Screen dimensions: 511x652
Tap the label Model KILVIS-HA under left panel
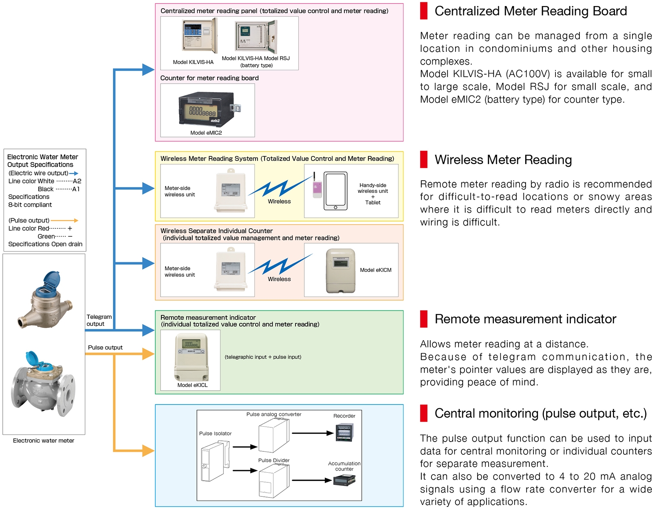pyautogui.click(x=193, y=62)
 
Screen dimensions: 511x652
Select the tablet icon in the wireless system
pyautogui.click(x=335, y=191)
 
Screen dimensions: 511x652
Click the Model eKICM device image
pyautogui.click(x=341, y=270)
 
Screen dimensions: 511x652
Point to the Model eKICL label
pyautogui.click(x=192, y=385)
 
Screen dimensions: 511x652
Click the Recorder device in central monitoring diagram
pyautogui.click(x=344, y=433)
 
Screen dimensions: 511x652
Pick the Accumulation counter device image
pyautogui.click(x=344, y=480)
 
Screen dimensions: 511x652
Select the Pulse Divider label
pyautogui.click(x=274, y=460)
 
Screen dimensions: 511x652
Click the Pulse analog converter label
pyautogui.click(x=274, y=414)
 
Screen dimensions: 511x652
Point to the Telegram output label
pyautogui.click(x=99, y=320)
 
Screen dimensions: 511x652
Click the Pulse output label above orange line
pyautogui.click(x=105, y=347)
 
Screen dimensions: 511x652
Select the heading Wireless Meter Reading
pyautogui.click(x=503, y=160)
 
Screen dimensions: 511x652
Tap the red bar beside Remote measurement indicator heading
pyautogui.click(x=424, y=319)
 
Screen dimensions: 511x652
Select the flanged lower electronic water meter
pyautogui.click(x=43, y=387)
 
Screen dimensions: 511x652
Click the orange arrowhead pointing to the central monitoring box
pyautogui.click(x=148, y=451)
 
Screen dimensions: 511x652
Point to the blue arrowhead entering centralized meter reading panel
pyautogui.click(x=148, y=70)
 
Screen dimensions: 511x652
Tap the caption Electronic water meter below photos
pyautogui.click(x=44, y=440)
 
